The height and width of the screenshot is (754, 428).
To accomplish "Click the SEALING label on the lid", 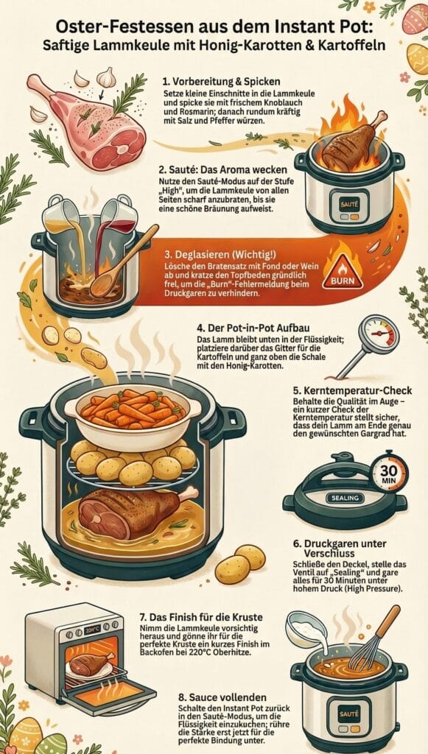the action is (343, 498).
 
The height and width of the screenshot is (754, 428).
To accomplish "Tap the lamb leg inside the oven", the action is (91, 663).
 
